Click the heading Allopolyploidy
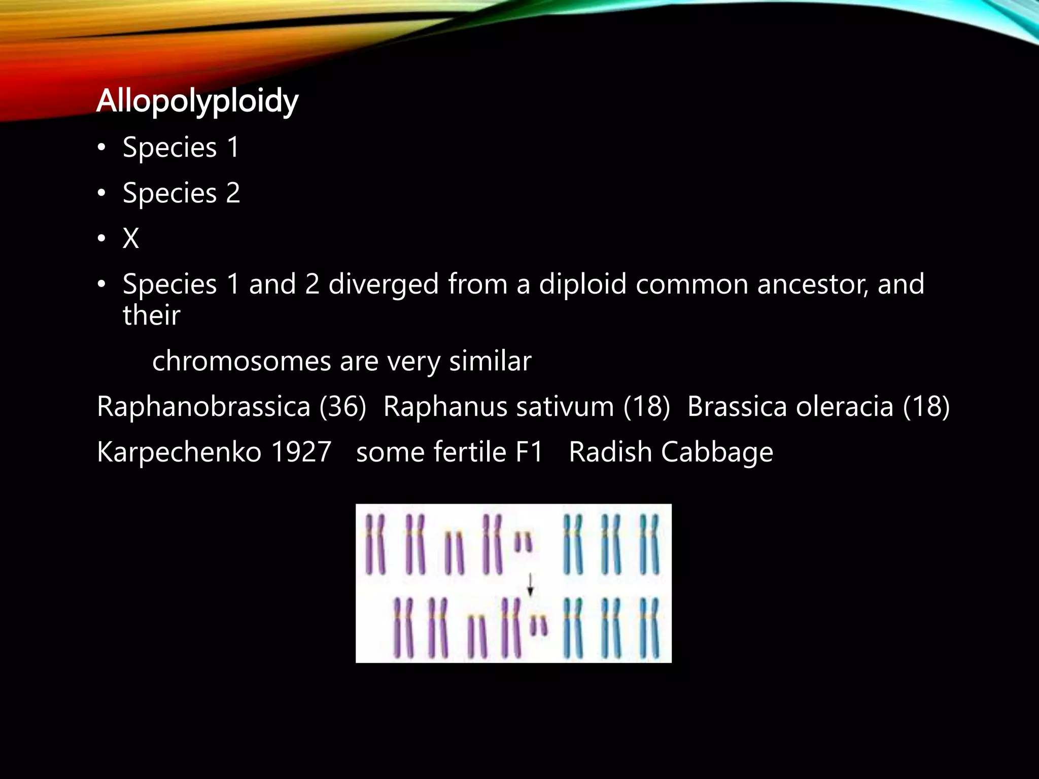(197, 101)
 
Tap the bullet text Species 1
(181, 148)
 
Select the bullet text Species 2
(181, 193)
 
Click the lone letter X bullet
(131, 238)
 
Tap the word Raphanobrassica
(203, 407)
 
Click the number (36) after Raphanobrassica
(342, 407)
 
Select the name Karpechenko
(179, 452)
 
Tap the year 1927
(301, 452)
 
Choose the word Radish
(610, 452)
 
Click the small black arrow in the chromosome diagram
(530, 584)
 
